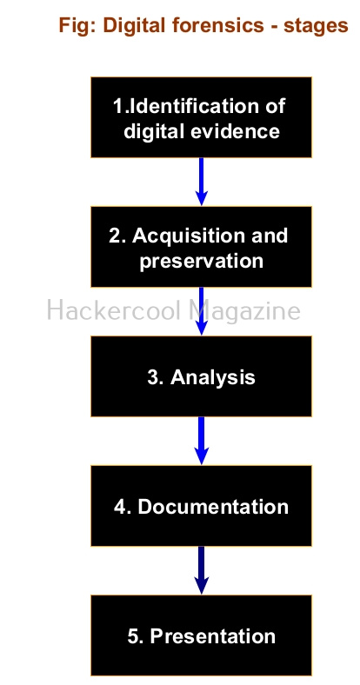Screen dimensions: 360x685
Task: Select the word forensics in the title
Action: (x=218, y=25)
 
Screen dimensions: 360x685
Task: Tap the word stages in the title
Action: (x=316, y=27)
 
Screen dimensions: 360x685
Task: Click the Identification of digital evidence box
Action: (x=202, y=117)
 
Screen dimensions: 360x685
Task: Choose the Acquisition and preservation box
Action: (x=202, y=246)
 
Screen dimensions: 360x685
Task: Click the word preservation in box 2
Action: (x=202, y=262)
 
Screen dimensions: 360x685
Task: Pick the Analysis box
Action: (x=202, y=376)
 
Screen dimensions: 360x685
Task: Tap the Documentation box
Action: (x=202, y=505)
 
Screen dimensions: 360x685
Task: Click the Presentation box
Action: (x=202, y=635)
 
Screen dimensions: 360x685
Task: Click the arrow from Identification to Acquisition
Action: (x=202, y=182)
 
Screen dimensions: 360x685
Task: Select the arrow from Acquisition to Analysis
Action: (x=202, y=311)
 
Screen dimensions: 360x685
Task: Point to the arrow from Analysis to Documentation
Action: (x=202, y=441)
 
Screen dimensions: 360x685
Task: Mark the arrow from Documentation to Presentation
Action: (x=202, y=570)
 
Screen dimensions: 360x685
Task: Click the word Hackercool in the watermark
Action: (x=114, y=310)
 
